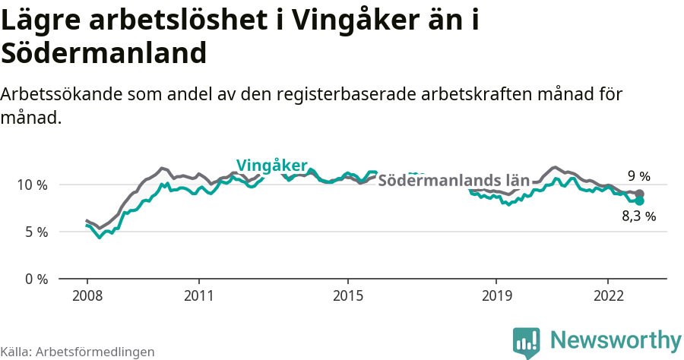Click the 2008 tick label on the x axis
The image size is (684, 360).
coord(87,295)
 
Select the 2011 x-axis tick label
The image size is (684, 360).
coord(198,295)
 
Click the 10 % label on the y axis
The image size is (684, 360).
coord(32,185)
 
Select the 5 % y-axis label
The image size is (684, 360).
coord(36,232)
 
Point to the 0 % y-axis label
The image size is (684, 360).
coord(36,279)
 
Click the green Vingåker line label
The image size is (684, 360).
coord(271,166)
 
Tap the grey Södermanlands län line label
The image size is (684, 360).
coord(453,181)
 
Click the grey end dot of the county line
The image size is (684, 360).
coord(639,194)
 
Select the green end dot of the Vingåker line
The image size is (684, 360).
coord(639,201)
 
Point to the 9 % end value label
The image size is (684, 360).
coord(638,177)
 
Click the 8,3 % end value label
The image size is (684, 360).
coord(638,216)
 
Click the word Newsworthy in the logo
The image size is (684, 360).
coord(616,339)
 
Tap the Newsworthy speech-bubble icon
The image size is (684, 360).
coord(527,342)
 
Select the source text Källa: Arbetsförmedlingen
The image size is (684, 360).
coord(78,352)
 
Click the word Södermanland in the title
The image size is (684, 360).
coord(104,54)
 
